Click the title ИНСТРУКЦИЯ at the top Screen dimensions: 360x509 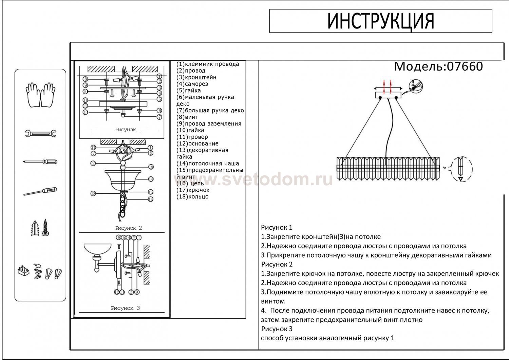click(x=380, y=21)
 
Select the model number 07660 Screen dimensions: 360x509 click(x=465, y=67)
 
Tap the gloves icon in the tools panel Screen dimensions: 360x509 click(x=40, y=94)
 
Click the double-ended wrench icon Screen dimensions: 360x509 click(x=40, y=133)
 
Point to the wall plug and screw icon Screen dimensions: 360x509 click(x=40, y=228)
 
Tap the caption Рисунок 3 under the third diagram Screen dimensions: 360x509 click(x=125, y=308)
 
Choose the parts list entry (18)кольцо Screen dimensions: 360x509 click(x=192, y=197)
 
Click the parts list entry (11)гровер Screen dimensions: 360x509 click(x=192, y=137)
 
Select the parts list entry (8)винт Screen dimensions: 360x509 click(x=187, y=117)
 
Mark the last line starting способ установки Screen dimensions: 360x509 click(x=327, y=338)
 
